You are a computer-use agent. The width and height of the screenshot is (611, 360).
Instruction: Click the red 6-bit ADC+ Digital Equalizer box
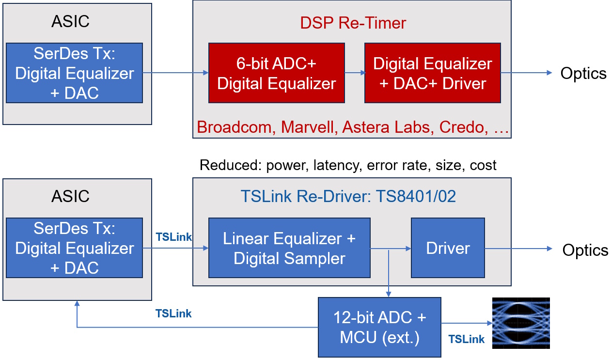276,73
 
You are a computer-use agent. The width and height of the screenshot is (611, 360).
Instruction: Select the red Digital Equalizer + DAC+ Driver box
432,73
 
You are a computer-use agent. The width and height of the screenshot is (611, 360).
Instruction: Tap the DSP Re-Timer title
352,23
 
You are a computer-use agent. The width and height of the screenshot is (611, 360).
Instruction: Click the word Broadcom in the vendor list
236,127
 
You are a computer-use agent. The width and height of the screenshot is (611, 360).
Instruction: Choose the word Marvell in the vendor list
309,127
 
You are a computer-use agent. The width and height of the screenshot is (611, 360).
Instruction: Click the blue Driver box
448,248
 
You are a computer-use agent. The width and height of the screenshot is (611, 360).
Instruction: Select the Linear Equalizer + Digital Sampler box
289,248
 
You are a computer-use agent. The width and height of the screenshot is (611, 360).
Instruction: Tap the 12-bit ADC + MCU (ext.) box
379,327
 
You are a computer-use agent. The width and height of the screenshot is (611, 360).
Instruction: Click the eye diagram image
521,323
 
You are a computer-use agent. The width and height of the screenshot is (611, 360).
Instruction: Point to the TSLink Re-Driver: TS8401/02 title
348,197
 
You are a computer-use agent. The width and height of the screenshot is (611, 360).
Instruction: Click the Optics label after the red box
583,73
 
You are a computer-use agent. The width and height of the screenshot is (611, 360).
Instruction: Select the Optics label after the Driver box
585,250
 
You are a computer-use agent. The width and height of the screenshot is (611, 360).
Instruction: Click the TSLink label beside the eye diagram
466,339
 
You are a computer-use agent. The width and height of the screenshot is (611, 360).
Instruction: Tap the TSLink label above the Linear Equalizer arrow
173,237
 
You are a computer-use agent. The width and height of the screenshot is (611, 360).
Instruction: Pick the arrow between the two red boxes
355,73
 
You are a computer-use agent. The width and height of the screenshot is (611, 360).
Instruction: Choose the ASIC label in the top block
70,21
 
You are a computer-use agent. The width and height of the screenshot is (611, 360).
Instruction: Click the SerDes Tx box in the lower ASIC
74,248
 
